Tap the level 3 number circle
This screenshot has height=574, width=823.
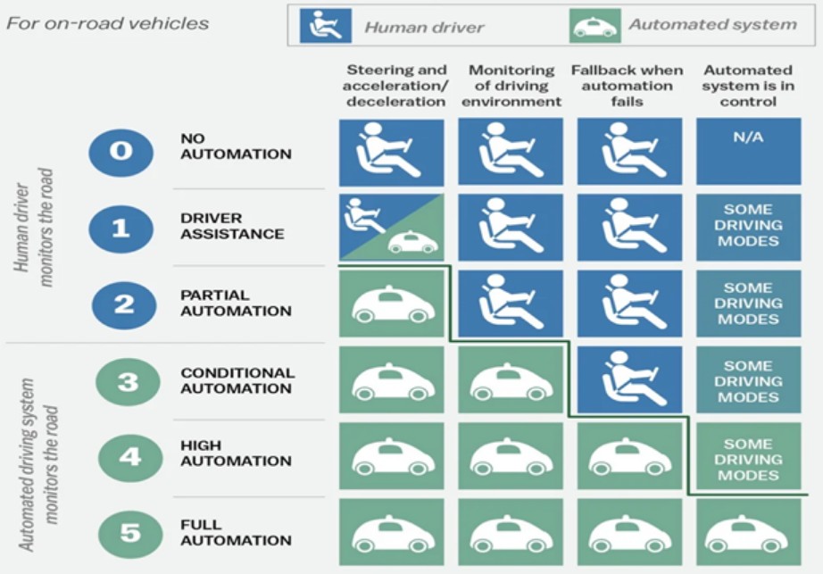coord(129,382)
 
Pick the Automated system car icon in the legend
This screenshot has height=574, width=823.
coord(595,26)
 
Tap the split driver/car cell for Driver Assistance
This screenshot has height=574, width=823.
coord(391,228)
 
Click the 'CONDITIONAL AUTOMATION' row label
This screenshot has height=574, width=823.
coord(237,380)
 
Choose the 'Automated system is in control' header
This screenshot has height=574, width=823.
coord(747,86)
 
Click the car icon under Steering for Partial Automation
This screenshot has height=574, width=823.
coord(391,304)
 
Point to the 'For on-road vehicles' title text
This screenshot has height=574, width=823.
coord(108,22)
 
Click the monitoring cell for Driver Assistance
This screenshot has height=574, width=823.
coord(511,228)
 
